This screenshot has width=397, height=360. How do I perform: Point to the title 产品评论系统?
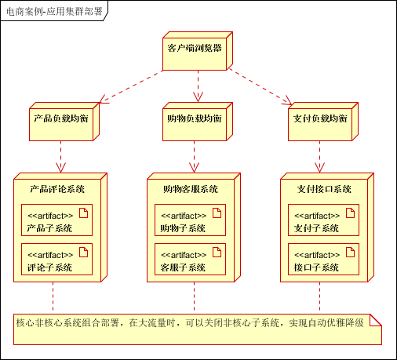(56, 189)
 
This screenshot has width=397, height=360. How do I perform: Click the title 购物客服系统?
(190, 189)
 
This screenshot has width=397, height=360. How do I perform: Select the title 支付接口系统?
(323, 189)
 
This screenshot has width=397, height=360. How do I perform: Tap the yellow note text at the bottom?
(189, 322)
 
